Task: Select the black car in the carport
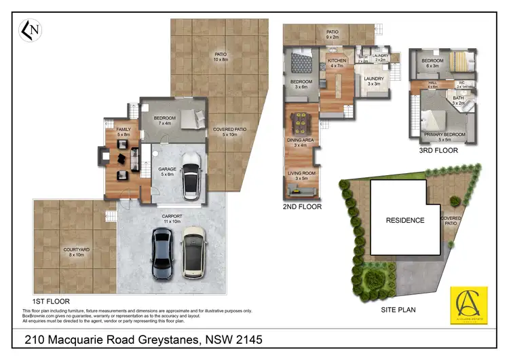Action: pos(162,253)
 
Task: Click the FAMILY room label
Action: pos(124,132)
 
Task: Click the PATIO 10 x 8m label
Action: pos(221,57)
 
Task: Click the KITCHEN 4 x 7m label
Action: pos(337,63)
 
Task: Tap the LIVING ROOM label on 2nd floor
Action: pos(301,176)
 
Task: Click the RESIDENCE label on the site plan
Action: pos(405,220)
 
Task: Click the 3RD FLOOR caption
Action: pos(438,150)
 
